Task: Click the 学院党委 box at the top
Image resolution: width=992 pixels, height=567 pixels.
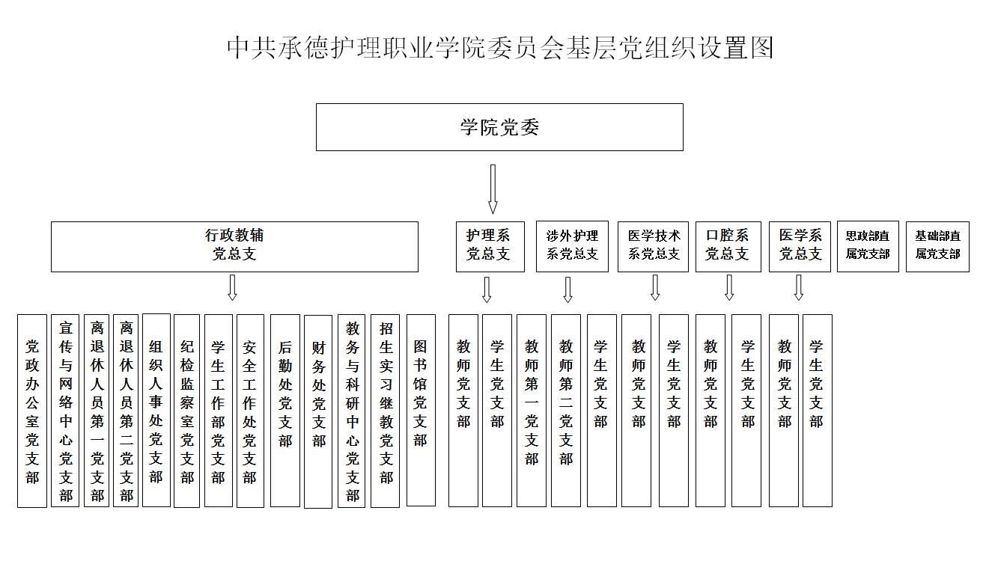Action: [x=499, y=127]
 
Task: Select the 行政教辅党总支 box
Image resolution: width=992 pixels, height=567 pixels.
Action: [x=235, y=247]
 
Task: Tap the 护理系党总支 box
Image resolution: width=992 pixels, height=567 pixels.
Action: [x=490, y=247]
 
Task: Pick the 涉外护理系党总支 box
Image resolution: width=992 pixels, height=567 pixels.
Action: [x=572, y=247]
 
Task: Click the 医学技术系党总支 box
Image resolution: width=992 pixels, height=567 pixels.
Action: [x=653, y=247]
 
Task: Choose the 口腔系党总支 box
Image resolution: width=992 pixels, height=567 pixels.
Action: [x=728, y=247]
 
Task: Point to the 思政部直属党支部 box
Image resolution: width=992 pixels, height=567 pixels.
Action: [x=868, y=247]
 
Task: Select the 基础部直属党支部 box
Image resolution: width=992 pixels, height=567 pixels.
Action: [x=937, y=247]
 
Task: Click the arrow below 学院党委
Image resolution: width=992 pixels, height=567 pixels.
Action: [x=493, y=189]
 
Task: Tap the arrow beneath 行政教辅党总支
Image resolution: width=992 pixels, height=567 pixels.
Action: [x=232, y=288]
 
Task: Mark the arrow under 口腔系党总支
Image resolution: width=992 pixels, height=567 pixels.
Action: [x=729, y=288]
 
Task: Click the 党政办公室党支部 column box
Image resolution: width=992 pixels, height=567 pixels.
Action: [x=32, y=411]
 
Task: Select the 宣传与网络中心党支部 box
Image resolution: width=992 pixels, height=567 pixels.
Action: [x=65, y=411]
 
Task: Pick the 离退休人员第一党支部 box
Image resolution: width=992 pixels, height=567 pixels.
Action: [x=97, y=411]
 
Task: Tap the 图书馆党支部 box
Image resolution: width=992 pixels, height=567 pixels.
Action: [x=421, y=411]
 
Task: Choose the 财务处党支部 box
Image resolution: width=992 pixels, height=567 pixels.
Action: [x=318, y=411]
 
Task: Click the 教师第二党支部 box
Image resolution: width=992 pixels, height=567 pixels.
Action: [x=566, y=411]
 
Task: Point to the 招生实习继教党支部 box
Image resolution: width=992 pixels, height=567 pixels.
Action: [x=386, y=411]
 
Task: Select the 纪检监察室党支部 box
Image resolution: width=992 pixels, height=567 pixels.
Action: [x=187, y=411]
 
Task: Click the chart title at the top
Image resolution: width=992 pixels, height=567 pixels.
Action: [x=500, y=48]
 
